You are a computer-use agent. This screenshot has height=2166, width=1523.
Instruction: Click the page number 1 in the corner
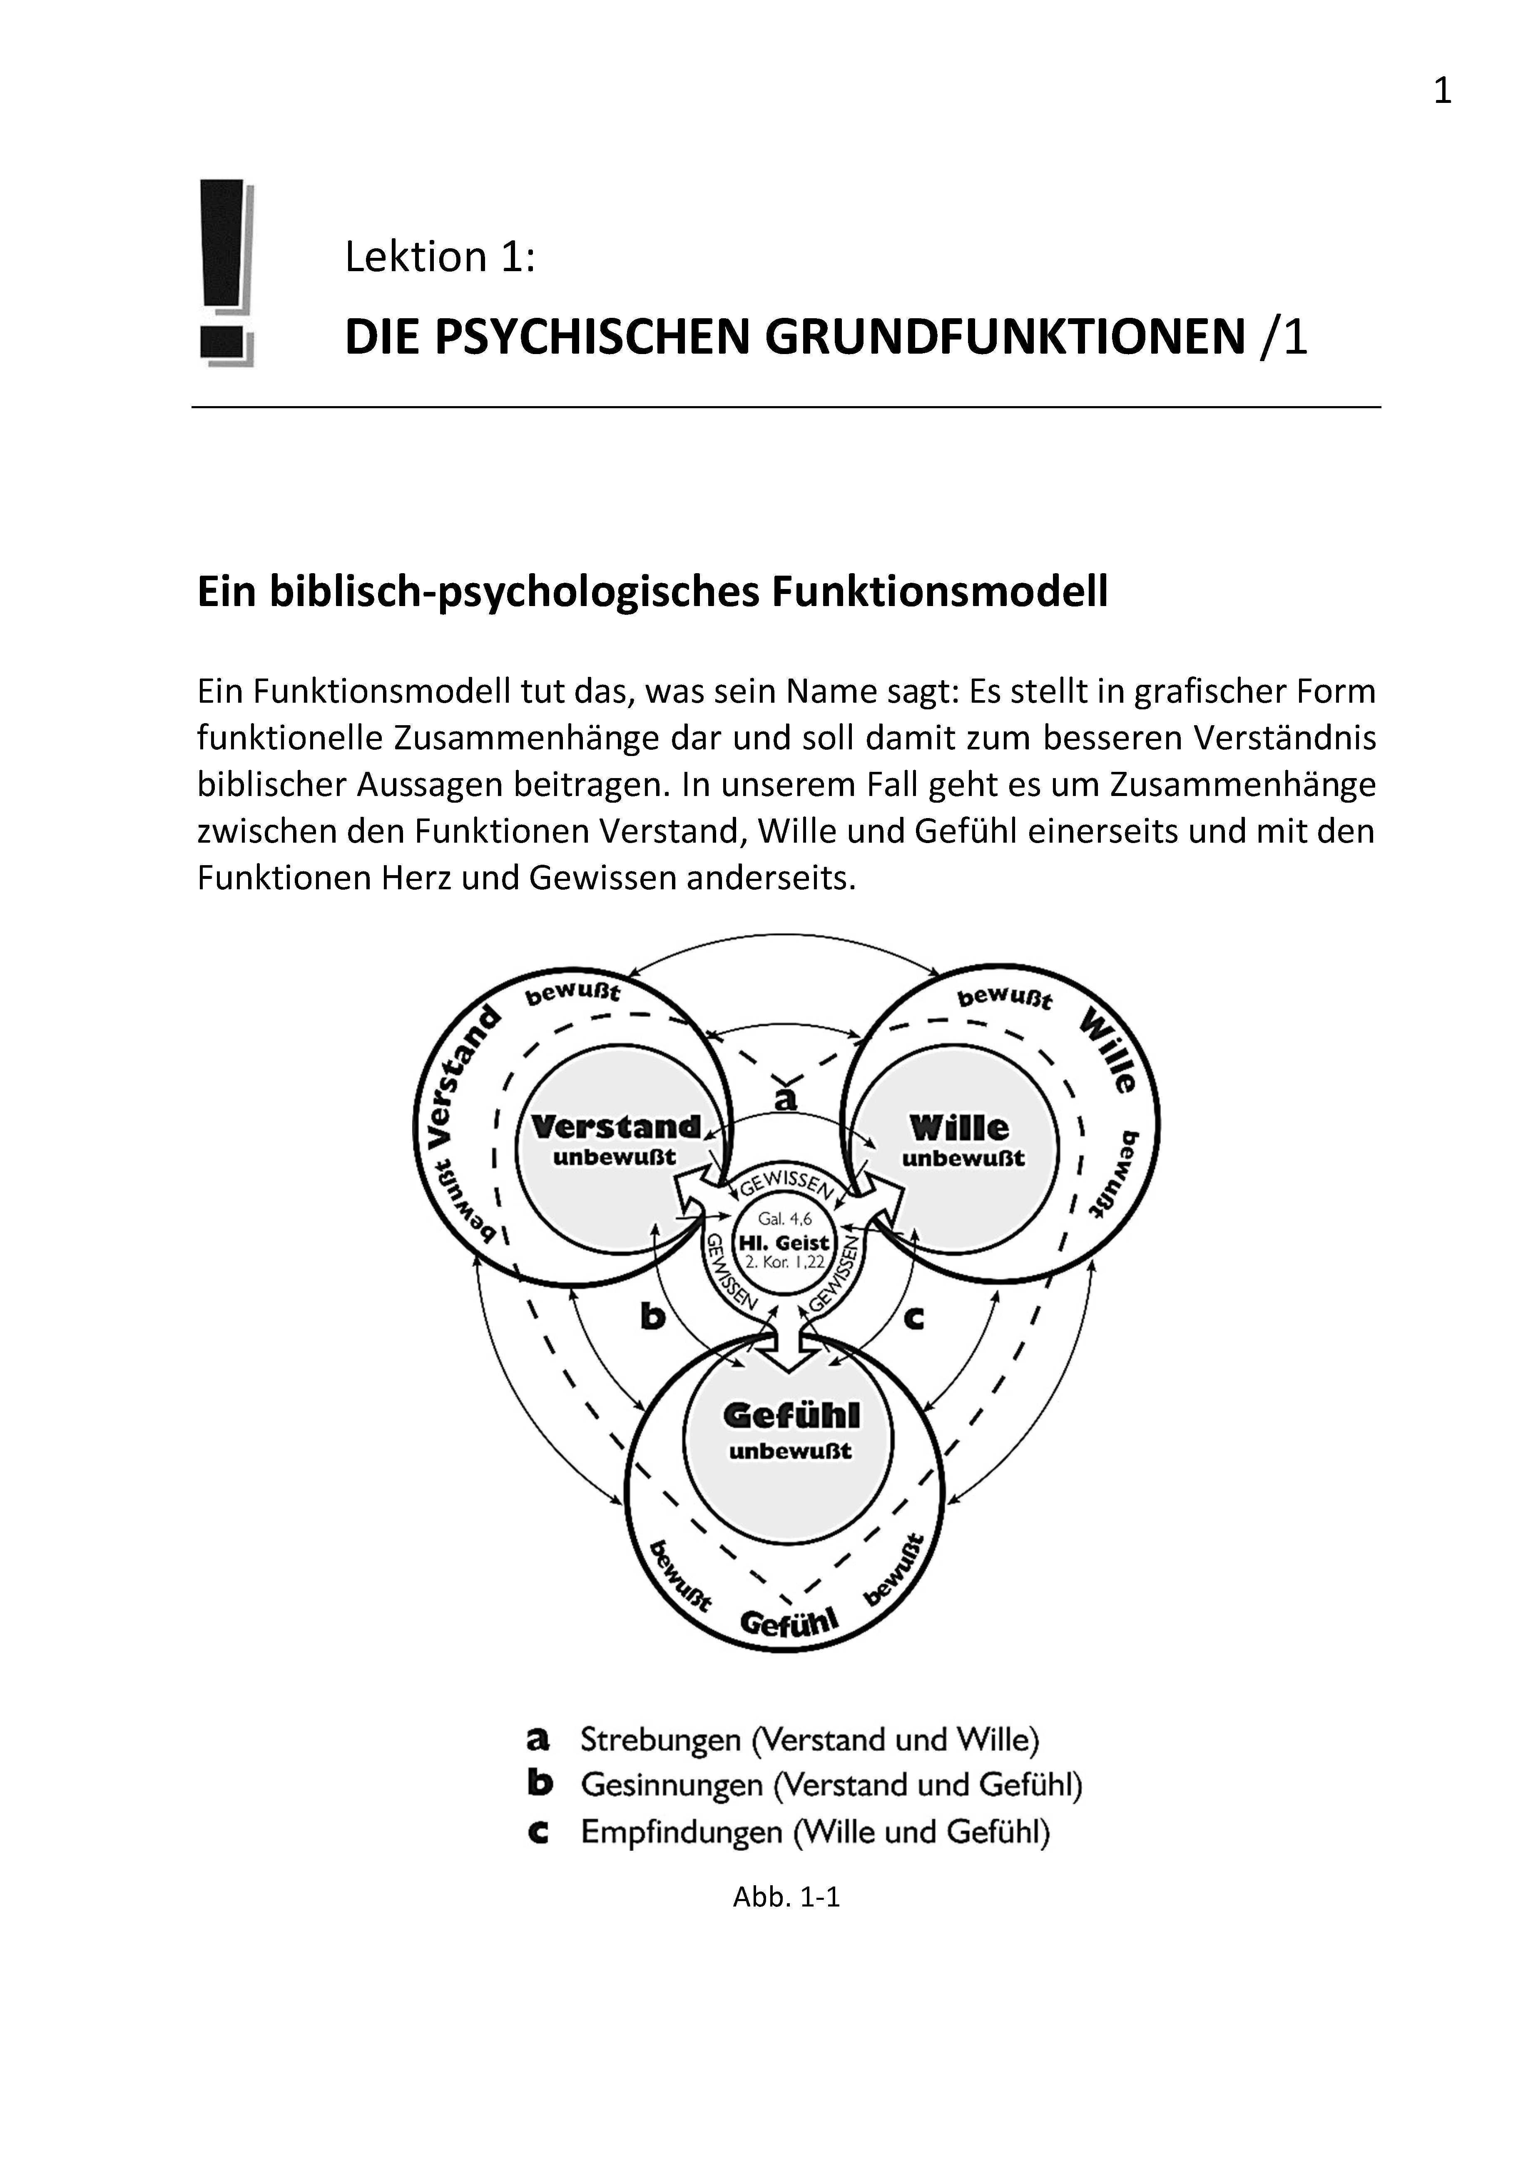click(1442, 92)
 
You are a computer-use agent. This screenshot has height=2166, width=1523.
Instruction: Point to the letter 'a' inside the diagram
click(786, 1098)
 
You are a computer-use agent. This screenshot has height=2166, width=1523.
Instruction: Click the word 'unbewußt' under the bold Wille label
click(963, 1158)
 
